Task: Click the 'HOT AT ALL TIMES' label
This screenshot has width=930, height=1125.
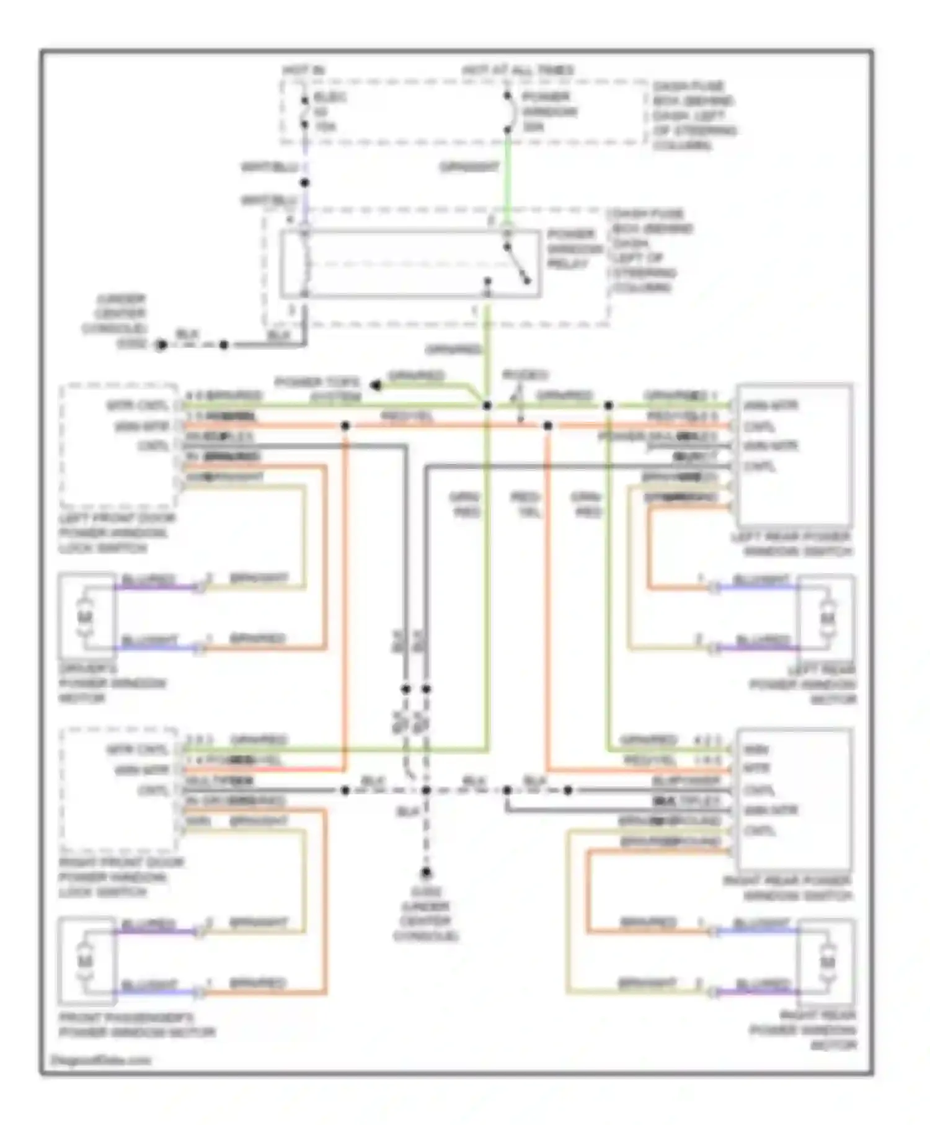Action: tap(518, 71)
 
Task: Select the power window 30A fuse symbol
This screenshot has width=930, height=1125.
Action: tap(508, 113)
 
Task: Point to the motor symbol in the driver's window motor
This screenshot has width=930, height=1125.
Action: tap(86, 617)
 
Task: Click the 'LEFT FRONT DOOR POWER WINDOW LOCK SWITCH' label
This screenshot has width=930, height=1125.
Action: tap(117, 533)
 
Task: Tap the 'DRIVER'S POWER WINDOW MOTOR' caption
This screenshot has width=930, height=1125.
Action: tap(112, 683)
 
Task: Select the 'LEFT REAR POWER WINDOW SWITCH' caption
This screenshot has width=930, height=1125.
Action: tap(792, 544)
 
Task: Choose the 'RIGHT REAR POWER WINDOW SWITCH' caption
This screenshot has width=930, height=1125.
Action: tap(788, 888)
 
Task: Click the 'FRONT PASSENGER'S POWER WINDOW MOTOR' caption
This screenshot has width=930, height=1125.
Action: tap(136, 1025)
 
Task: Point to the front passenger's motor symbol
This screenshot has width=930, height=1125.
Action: tap(86, 961)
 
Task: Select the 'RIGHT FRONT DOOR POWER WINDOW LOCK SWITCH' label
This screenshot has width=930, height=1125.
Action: tap(121, 877)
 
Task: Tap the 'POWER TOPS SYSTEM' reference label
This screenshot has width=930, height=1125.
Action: tap(317, 389)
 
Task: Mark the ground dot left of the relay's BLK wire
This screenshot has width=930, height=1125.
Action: tap(161, 345)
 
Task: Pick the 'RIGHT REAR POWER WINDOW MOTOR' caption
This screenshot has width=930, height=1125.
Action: tap(804, 1030)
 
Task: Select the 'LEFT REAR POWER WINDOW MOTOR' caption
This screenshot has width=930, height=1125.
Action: tap(804, 685)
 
